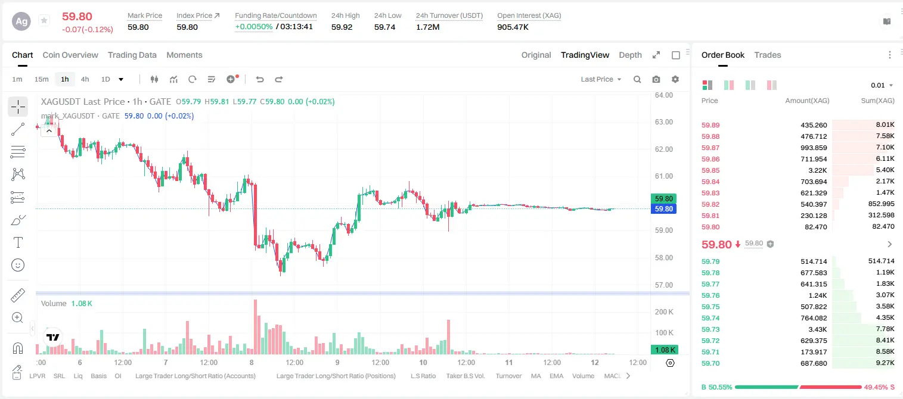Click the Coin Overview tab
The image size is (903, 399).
point(70,55)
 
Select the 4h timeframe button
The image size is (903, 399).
point(85,79)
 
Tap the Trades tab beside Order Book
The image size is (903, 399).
point(768,55)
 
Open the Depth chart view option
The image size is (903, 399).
point(630,55)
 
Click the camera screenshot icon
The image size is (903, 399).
point(656,79)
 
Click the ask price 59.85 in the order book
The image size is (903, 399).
point(710,170)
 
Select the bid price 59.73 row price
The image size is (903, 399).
point(710,329)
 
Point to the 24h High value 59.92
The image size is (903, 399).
point(342,27)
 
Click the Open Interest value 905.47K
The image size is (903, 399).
point(513,27)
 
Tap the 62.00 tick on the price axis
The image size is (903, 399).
point(664,149)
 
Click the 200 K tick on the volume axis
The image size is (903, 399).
point(664,312)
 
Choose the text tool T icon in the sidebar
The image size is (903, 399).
point(18,242)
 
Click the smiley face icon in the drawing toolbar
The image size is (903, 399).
point(18,265)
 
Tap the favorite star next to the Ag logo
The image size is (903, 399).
point(44,20)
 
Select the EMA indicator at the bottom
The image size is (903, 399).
point(556,376)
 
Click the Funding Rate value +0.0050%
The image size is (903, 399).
point(254,27)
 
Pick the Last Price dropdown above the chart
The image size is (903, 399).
point(601,79)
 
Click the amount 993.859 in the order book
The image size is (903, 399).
point(814,148)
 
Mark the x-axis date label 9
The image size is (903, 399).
point(337,362)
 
